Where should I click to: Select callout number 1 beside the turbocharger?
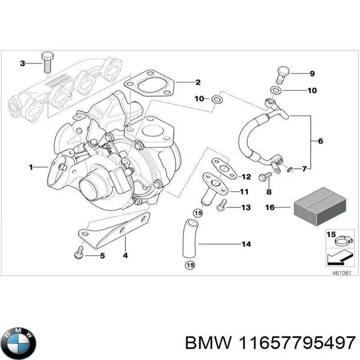(31, 167)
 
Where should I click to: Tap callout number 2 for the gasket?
(198, 82)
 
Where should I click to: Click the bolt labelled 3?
(46, 62)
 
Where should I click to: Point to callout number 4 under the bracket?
(125, 256)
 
